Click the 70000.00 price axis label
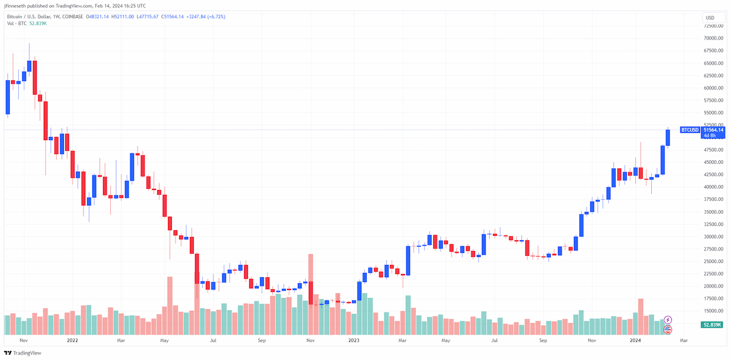(x=713, y=38)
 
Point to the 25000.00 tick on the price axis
(x=713, y=261)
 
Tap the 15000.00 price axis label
(x=713, y=311)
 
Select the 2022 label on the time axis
(x=72, y=341)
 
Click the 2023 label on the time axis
(x=354, y=341)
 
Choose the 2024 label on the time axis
(x=635, y=341)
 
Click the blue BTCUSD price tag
(x=690, y=130)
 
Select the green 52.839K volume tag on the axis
(x=712, y=325)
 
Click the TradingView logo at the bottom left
(x=23, y=353)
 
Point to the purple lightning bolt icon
(x=668, y=320)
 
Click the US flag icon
(x=668, y=330)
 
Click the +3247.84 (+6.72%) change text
(x=206, y=16)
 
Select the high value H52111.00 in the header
(x=122, y=16)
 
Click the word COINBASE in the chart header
(x=72, y=16)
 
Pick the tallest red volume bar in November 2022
(x=311, y=294)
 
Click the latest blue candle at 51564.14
(x=668, y=138)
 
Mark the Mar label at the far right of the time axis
(x=683, y=341)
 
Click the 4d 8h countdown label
(x=710, y=135)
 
